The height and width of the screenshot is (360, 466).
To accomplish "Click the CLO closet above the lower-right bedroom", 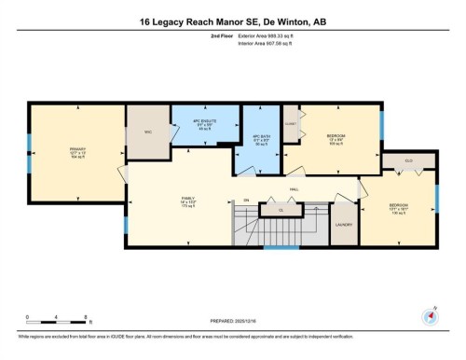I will (x=408, y=160).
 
